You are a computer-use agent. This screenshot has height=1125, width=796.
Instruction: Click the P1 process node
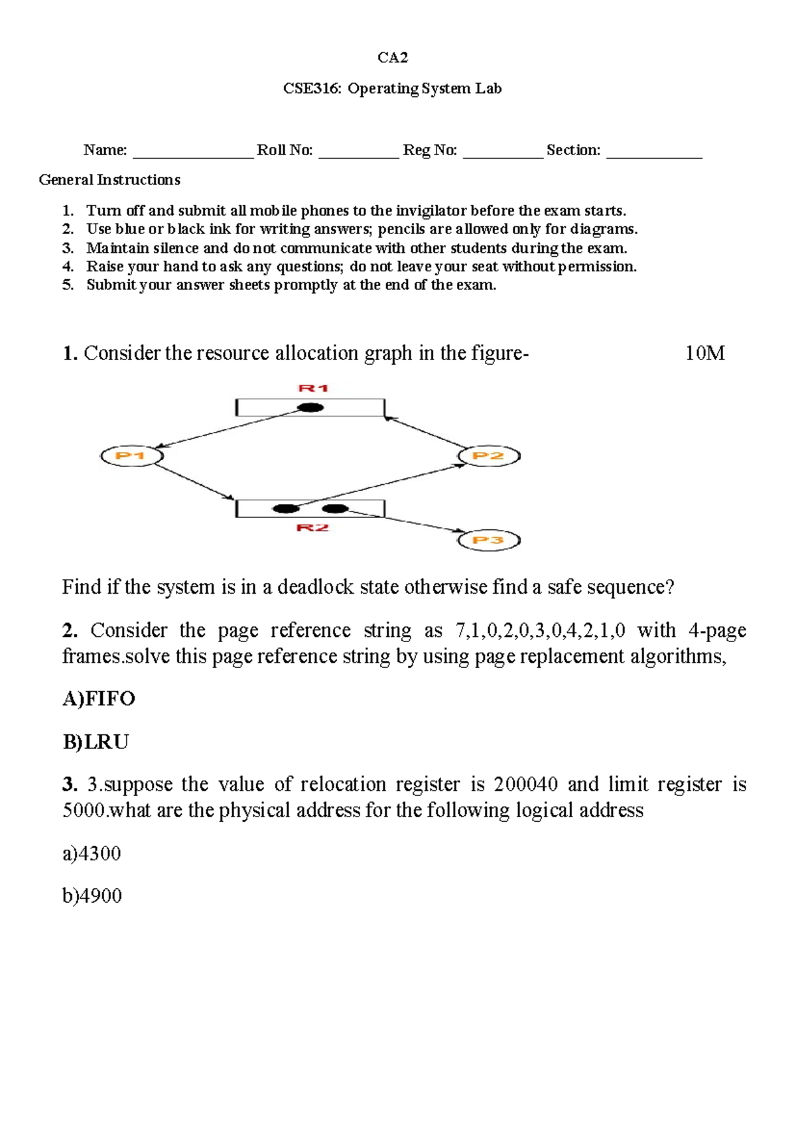coord(131,456)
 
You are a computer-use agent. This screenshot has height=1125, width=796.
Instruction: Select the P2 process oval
coord(489,456)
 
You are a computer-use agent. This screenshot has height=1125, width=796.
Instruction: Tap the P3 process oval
coord(489,540)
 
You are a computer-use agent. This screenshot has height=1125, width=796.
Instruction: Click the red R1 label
coord(313,388)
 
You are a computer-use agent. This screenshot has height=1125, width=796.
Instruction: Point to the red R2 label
coord(312,528)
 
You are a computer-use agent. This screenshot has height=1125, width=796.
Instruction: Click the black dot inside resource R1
coord(310,407)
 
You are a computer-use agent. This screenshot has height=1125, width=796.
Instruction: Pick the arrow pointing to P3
coord(405,521)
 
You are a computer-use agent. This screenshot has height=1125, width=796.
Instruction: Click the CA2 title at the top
coord(393,58)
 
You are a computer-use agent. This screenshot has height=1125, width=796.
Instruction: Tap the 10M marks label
coord(704,353)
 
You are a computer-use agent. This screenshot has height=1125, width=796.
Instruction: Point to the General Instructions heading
coord(109,180)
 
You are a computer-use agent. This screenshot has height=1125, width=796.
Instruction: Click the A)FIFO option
coord(99,698)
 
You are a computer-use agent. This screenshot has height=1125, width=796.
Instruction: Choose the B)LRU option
coord(96,742)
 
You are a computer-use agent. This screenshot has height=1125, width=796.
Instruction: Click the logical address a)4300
coord(92,853)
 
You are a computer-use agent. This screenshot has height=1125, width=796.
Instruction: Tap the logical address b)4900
coord(92,896)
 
